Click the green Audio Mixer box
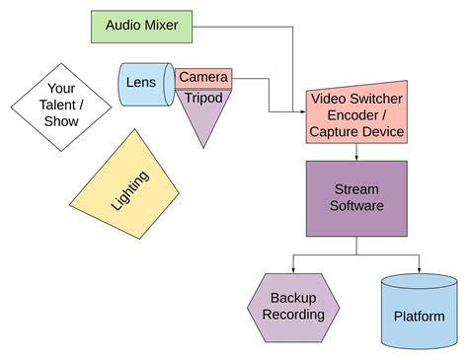coord(140,27)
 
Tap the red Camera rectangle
coord(204,78)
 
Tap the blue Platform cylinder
coord(420,314)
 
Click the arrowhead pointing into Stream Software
coord(356,156)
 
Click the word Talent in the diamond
coord(61,105)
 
